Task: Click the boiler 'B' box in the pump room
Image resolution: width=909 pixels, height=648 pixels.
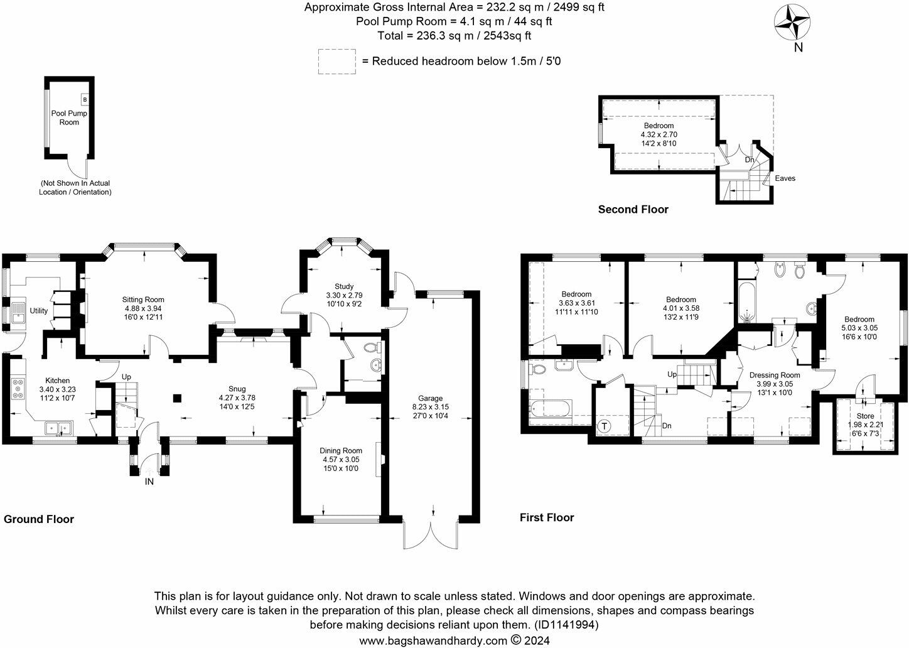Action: (x=85, y=99)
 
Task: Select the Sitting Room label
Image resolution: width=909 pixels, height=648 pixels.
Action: (x=143, y=300)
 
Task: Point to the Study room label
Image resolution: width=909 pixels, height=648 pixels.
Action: (x=344, y=286)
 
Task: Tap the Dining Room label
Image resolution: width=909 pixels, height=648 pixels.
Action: (x=341, y=450)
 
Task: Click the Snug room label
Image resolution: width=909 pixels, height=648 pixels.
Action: (x=237, y=389)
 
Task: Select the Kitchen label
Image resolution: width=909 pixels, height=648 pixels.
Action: (x=57, y=381)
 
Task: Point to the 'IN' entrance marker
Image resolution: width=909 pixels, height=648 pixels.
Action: (x=149, y=482)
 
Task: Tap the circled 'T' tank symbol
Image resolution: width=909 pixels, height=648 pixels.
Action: (x=605, y=426)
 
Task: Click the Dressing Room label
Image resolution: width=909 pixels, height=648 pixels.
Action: (x=775, y=375)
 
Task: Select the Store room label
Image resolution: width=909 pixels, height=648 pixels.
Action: (x=865, y=416)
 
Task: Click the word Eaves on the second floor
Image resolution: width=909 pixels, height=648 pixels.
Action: (x=785, y=178)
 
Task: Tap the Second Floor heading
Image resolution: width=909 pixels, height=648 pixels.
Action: (x=633, y=210)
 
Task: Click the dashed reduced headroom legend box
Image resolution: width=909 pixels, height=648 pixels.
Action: (x=336, y=62)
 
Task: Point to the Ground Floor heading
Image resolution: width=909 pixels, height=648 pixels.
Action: (x=39, y=519)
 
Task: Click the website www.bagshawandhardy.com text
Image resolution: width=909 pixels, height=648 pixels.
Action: (x=433, y=640)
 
